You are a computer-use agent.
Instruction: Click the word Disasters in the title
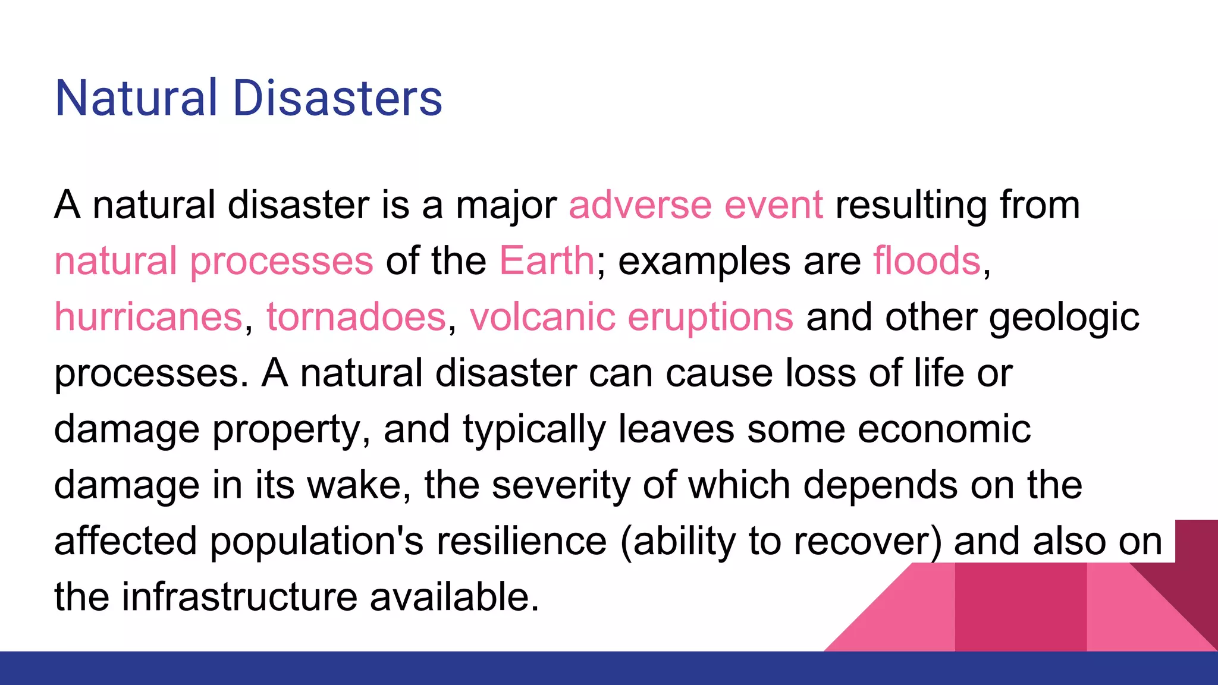point(337,98)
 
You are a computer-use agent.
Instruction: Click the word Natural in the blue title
point(136,98)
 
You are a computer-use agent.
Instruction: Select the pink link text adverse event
point(696,205)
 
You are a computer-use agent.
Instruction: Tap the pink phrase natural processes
point(214,262)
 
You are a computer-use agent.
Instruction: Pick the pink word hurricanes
point(148,316)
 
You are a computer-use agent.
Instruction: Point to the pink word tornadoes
point(356,316)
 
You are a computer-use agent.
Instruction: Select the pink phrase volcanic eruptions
point(631,318)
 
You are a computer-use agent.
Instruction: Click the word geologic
point(1064,318)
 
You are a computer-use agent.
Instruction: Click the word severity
point(561,485)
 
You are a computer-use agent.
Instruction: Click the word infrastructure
point(239,597)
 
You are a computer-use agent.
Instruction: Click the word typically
point(533,430)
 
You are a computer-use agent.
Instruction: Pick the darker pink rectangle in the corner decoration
point(1021,607)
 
